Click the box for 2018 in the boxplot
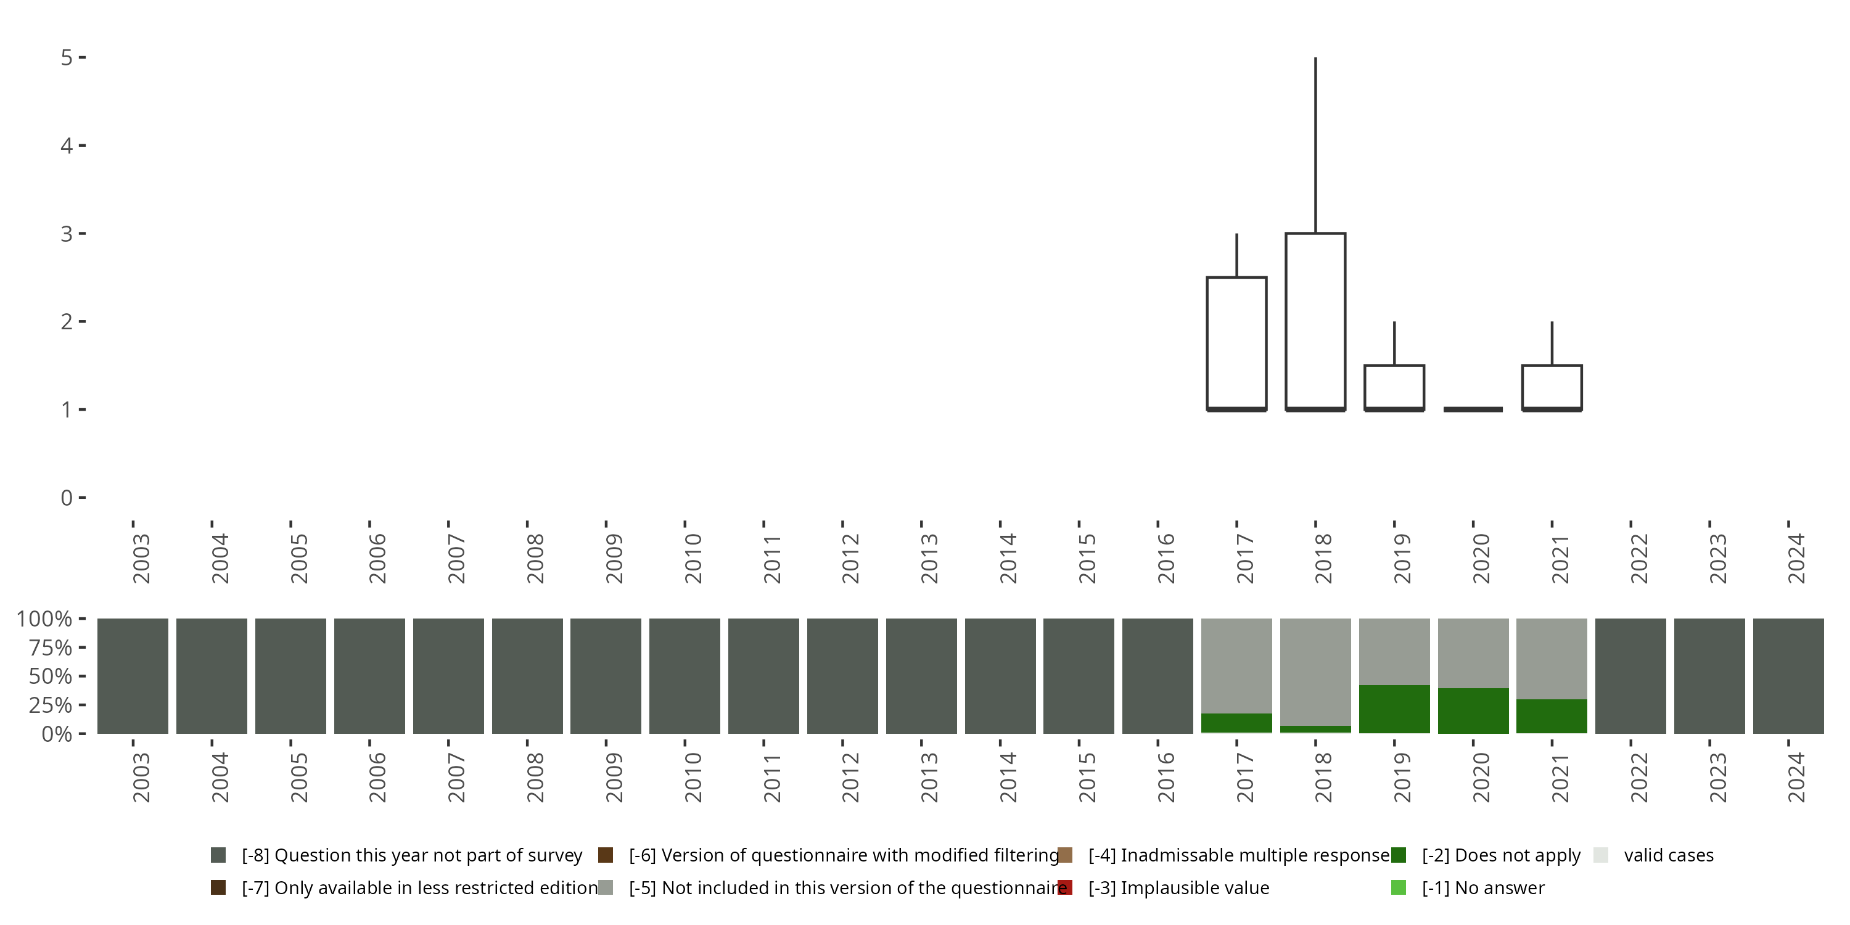click(1315, 321)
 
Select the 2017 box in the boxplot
click(1236, 343)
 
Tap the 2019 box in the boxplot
click(1394, 387)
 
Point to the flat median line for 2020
click(1473, 409)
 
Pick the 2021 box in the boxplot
click(1552, 387)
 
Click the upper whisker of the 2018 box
click(1315, 144)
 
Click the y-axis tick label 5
click(67, 57)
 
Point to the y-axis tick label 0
click(67, 498)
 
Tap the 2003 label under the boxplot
click(141, 559)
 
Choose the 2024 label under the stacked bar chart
click(1795, 778)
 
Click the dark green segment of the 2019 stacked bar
click(1394, 709)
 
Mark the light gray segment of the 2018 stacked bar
click(1315, 672)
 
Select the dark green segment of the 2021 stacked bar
click(1552, 716)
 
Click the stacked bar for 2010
click(684, 676)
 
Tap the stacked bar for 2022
click(1630, 676)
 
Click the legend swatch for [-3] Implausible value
click(1065, 887)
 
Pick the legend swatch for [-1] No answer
click(1398, 887)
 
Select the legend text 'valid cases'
click(1668, 855)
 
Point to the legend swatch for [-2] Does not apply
click(1398, 855)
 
